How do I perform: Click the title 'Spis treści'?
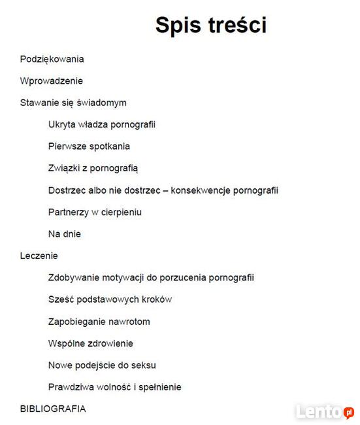click(x=210, y=25)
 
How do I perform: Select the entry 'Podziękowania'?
click(x=52, y=59)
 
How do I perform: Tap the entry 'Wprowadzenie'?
click(x=52, y=81)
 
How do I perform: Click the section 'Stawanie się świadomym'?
click(x=73, y=103)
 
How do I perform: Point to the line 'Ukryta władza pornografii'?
click(x=101, y=124)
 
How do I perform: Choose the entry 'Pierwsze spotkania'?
click(x=89, y=146)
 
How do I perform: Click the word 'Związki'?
click(x=63, y=168)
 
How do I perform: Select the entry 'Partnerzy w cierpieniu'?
click(x=95, y=212)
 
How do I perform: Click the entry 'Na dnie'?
click(x=65, y=234)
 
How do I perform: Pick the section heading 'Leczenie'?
click(x=39, y=256)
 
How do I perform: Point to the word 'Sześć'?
click(x=59, y=299)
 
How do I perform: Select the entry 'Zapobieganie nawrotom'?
click(x=99, y=322)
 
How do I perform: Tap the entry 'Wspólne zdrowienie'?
click(x=90, y=343)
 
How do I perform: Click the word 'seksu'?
click(x=143, y=365)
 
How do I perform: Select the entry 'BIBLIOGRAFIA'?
click(x=53, y=409)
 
